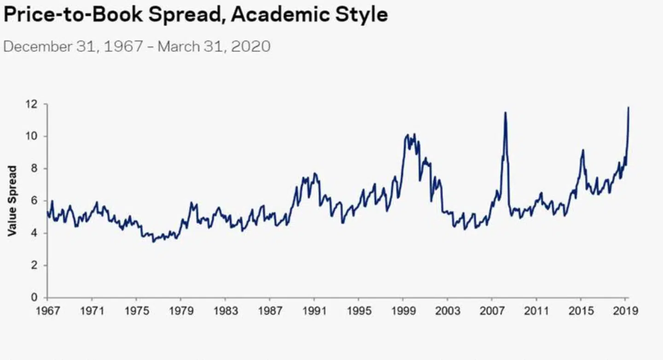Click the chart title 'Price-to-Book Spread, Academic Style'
coord(196,15)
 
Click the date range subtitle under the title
coord(137,46)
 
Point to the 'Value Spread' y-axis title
coord(12,201)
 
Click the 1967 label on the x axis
coord(48,311)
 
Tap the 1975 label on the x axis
coord(136,311)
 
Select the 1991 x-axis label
coord(314,311)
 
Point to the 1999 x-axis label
coord(403,311)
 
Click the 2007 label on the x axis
coord(492,311)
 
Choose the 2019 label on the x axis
coord(625,311)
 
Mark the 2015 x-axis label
coord(581,311)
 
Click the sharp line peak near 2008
coord(505,112)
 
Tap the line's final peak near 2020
coord(628,108)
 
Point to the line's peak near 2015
coord(583,150)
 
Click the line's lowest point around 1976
coord(153,242)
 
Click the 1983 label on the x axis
coord(225,311)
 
